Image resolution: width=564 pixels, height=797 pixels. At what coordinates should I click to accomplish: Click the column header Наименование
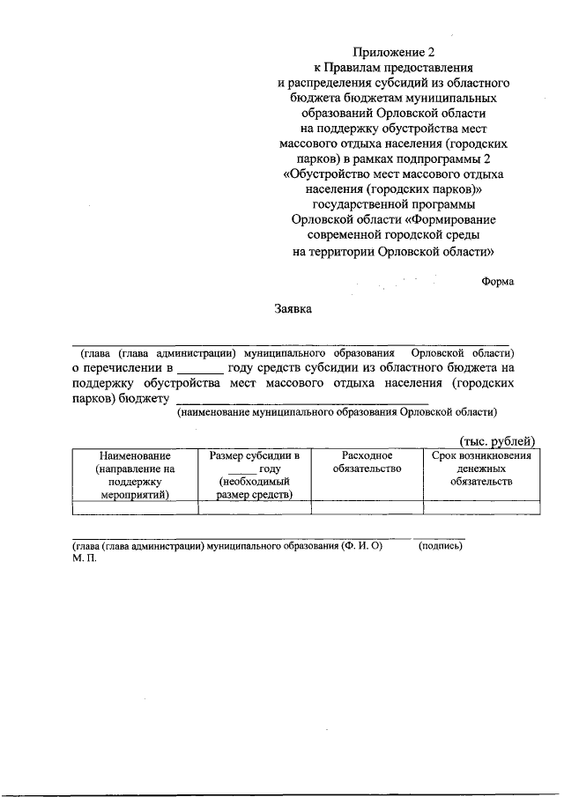(x=135, y=456)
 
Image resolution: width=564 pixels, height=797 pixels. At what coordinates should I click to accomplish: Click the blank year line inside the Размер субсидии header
(x=229, y=469)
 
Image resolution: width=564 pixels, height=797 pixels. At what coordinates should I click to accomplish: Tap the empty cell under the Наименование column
(x=135, y=506)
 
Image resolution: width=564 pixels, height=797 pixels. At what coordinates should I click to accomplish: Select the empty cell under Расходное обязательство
(x=367, y=506)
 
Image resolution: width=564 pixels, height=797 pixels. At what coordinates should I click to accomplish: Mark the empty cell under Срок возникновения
(x=480, y=506)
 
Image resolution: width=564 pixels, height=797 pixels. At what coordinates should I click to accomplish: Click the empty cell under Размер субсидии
(x=255, y=506)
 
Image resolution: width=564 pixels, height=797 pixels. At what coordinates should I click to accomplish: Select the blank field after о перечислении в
(x=201, y=369)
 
